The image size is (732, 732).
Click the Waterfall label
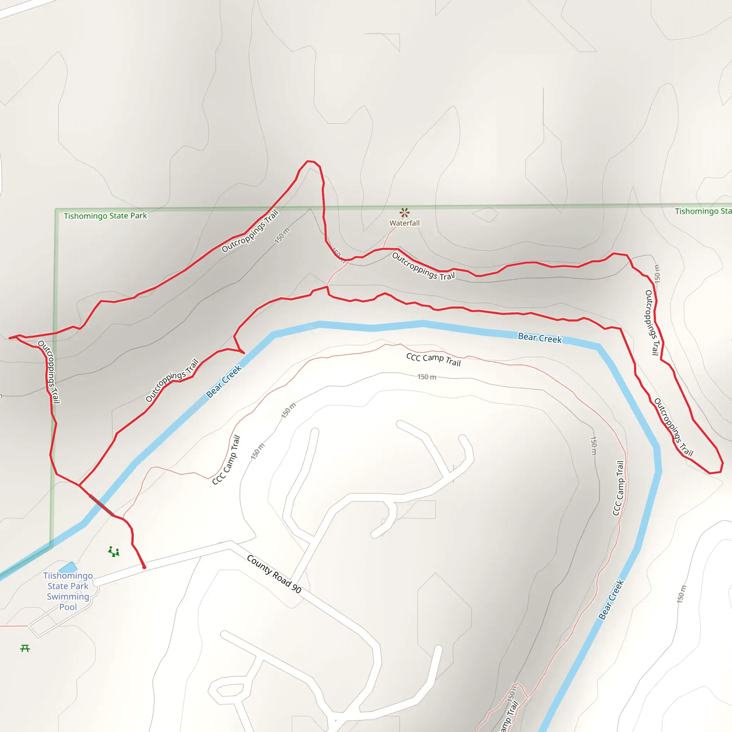coord(404,223)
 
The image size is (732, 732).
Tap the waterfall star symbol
coord(404,212)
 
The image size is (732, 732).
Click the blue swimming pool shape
coord(69,568)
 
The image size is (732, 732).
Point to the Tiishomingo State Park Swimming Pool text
coord(68,591)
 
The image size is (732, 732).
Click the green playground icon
coord(114,552)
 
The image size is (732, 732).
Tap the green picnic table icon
coord(25,648)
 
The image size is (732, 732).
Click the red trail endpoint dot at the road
coord(144,567)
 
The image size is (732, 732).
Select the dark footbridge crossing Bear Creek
coord(101,505)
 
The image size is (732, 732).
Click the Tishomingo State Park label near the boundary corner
coord(105,216)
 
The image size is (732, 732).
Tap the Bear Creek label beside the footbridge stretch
coord(223,381)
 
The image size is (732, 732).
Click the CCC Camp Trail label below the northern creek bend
coord(433,360)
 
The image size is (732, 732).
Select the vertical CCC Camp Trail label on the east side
coord(618,488)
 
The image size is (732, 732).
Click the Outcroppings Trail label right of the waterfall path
coord(423,266)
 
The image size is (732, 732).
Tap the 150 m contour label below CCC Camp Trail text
coord(427,377)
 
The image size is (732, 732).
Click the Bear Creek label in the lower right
coord(611,600)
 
